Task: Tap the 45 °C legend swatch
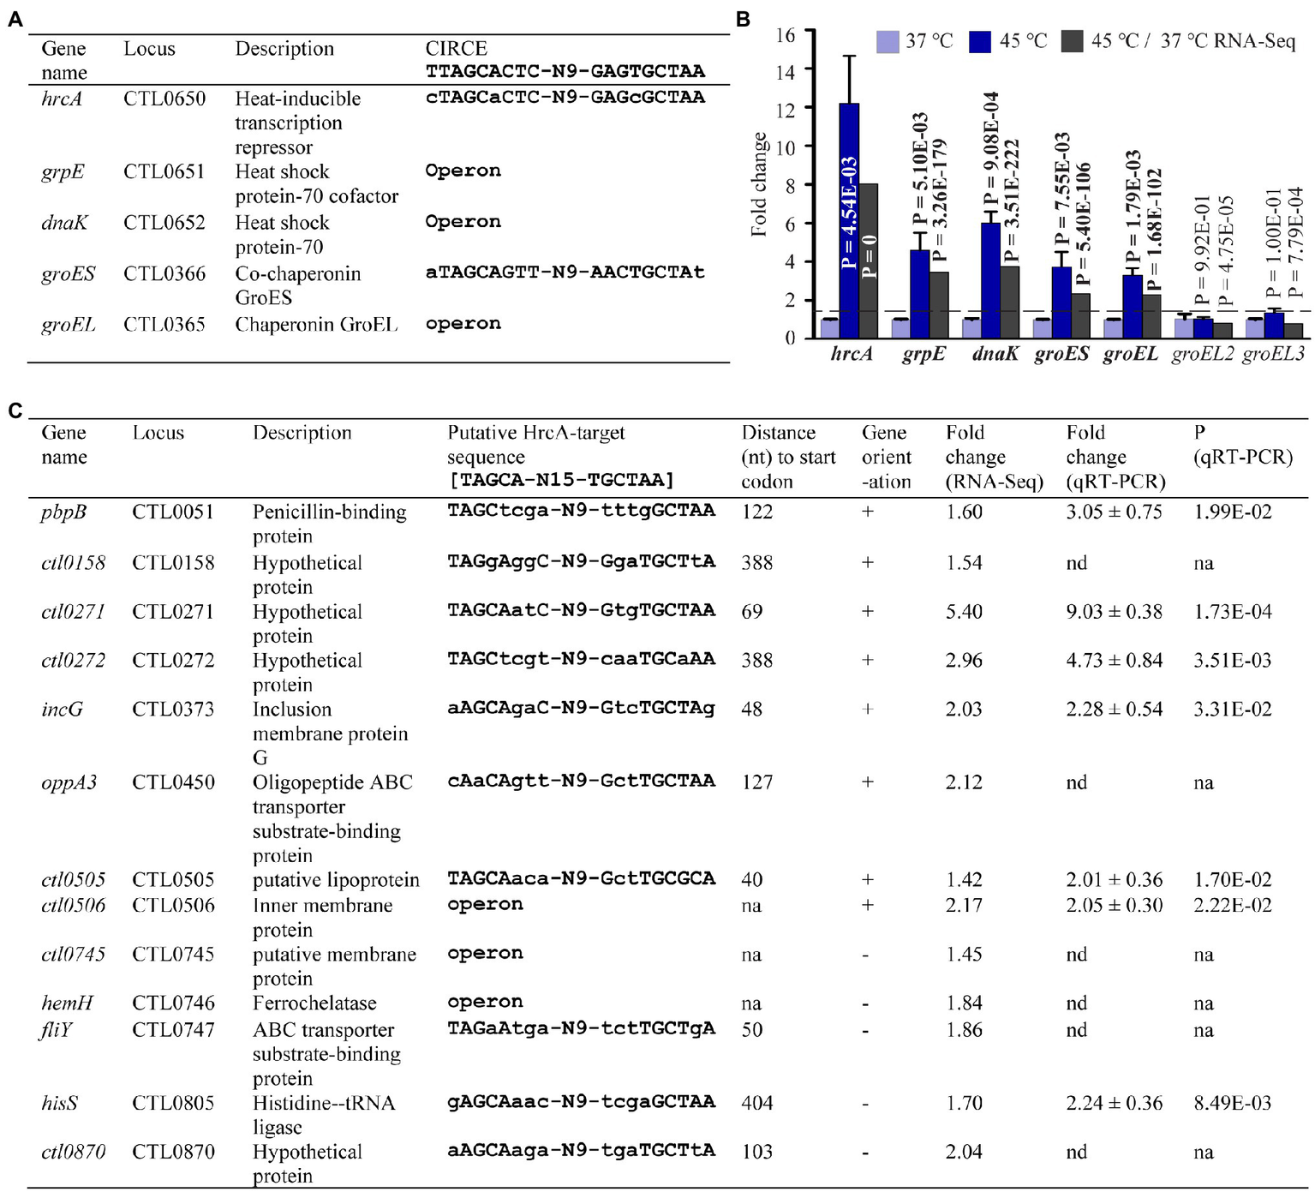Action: [980, 41]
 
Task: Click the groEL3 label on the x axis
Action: [1273, 354]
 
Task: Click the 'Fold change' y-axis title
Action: [758, 184]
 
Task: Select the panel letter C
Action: [15, 411]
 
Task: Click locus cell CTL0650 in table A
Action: [164, 99]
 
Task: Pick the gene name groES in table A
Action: [68, 274]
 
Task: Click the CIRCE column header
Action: [456, 49]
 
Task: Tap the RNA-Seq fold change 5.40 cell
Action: [964, 612]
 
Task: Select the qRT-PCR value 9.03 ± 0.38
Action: [1114, 612]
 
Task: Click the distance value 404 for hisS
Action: [756, 1103]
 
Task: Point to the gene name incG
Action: [62, 710]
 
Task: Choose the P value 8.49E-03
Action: [1232, 1103]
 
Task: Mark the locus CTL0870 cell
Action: [173, 1152]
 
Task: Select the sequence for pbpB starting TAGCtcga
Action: [581, 512]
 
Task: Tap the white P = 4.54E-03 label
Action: [849, 213]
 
